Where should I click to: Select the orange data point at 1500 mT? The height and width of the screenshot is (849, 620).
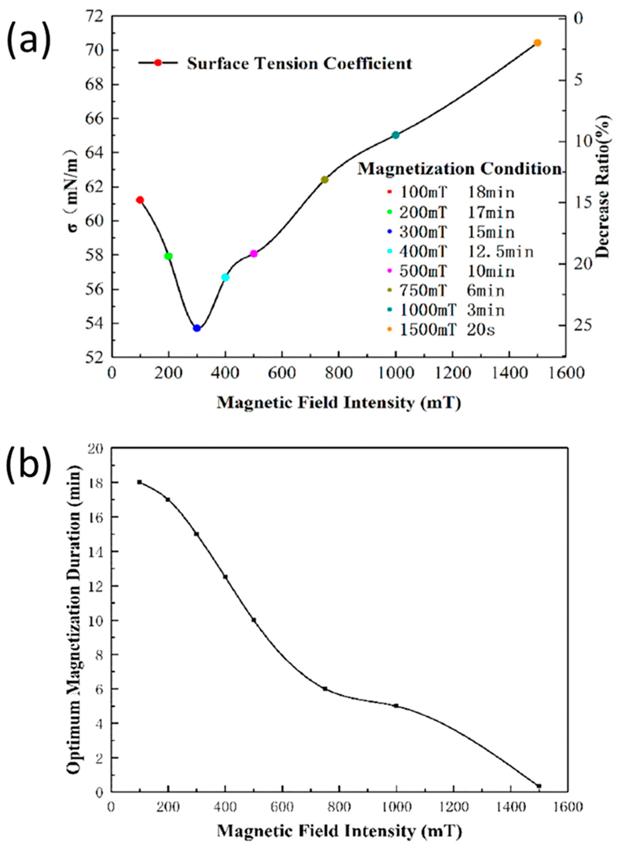tap(537, 43)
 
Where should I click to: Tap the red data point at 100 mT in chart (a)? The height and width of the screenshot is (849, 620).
tap(140, 200)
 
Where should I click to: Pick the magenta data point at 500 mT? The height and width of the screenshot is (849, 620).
tap(254, 254)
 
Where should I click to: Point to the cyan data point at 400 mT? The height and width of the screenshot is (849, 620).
tap(225, 277)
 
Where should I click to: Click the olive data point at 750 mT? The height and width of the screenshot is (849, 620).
tap(325, 180)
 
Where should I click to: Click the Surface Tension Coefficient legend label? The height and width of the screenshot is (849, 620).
tap(299, 63)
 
